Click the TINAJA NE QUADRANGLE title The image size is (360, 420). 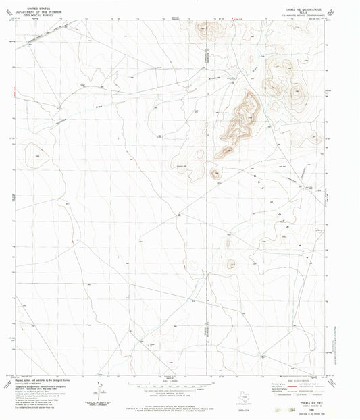296,4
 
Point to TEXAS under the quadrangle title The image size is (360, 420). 296,8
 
